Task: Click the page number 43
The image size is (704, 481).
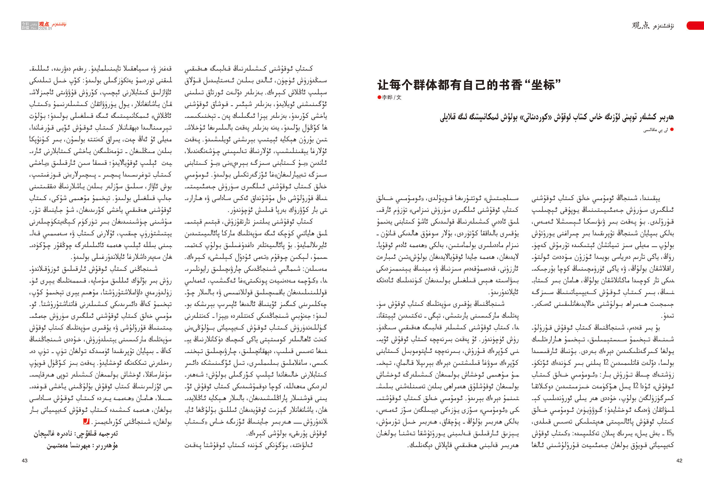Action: point(25,460)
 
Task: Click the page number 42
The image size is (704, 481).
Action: point(679,460)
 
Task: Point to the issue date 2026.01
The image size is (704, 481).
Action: point(45,29)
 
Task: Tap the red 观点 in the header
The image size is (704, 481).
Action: point(44,24)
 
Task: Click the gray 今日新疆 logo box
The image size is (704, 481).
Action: point(25,25)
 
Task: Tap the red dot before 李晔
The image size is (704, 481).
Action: point(379,98)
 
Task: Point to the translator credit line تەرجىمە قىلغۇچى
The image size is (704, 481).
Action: point(76,434)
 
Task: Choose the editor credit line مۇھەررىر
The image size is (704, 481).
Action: point(82,445)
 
